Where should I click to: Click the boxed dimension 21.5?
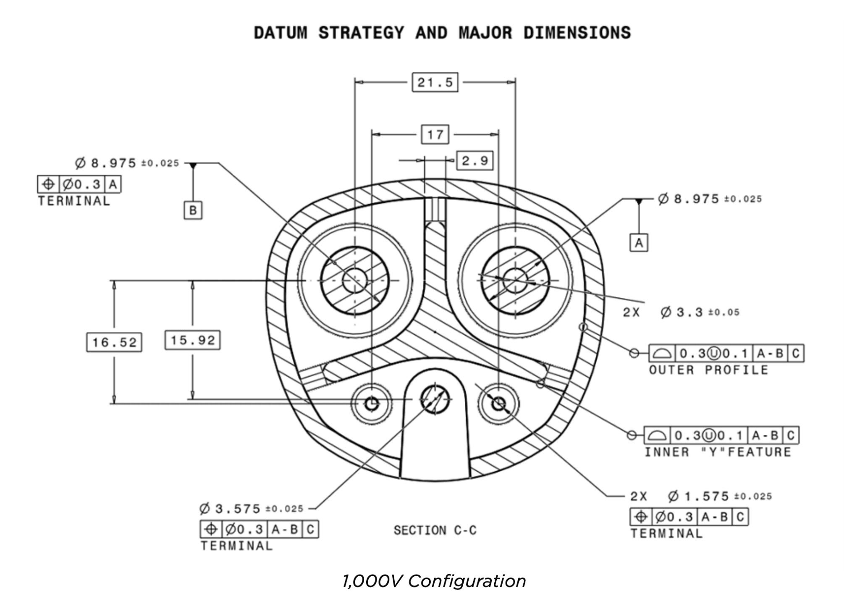tap(435, 82)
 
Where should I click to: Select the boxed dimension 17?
tap(435, 135)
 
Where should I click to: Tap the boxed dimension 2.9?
tap(475, 160)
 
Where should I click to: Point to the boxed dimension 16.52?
tap(114, 342)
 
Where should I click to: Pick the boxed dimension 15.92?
tap(193, 340)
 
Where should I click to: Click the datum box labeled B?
tap(193, 210)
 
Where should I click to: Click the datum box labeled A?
tap(639, 243)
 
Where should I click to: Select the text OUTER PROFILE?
tap(708, 370)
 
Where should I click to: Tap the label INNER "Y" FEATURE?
tap(718, 452)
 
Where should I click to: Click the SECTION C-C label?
tap(435, 530)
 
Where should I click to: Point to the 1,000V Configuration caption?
tap(434, 581)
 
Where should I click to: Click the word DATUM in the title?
tap(281, 33)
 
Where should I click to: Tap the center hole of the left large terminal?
tap(355, 280)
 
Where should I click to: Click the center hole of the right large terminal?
tap(515, 280)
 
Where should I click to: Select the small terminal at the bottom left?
tap(372, 404)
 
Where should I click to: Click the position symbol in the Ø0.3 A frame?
tap(49, 184)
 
